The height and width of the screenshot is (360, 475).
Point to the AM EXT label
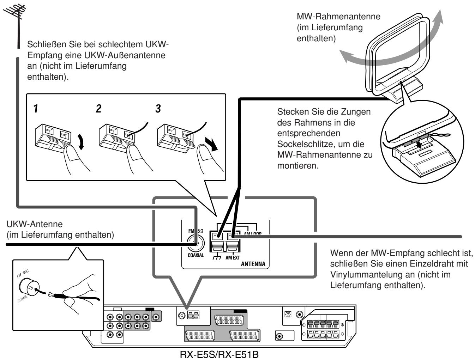[233, 258]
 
